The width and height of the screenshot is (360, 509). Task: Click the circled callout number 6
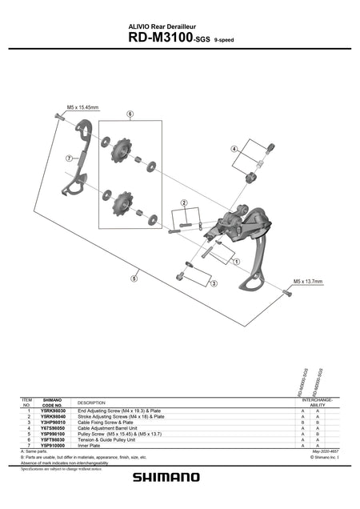pyautogui.click(x=129, y=114)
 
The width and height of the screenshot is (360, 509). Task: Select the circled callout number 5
pyautogui.click(x=134, y=279)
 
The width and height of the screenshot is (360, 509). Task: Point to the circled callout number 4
pyautogui.click(x=234, y=149)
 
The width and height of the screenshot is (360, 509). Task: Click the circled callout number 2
pyautogui.click(x=184, y=204)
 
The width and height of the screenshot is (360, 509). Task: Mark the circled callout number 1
pyautogui.click(x=236, y=261)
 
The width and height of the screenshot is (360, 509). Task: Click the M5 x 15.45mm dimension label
pyautogui.click(x=82, y=107)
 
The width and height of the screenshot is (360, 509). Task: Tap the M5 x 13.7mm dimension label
pyautogui.click(x=307, y=282)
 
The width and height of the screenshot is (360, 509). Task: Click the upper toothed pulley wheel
pyautogui.click(x=124, y=150)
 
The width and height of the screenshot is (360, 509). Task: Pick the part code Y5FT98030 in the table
pyautogui.click(x=53, y=439)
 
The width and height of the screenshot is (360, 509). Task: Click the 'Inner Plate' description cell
pyautogui.click(x=90, y=445)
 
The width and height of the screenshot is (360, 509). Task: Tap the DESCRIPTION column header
pyautogui.click(x=92, y=403)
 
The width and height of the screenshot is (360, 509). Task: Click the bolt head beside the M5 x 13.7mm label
pyautogui.click(x=286, y=294)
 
